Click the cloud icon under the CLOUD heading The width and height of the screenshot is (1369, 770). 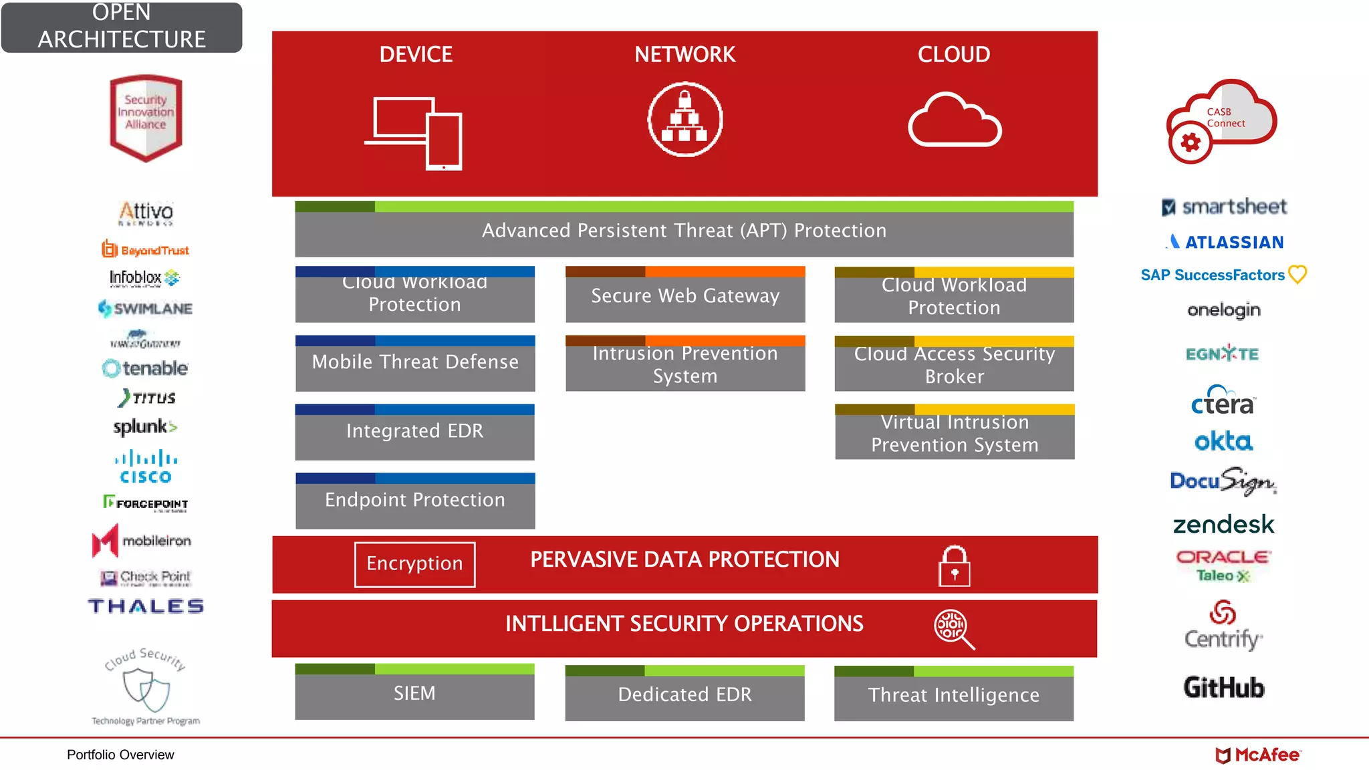[x=954, y=120]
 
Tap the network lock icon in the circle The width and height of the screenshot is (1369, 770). [x=685, y=120]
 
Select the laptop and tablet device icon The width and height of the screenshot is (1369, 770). [x=414, y=132]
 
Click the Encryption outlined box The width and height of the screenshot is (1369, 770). [x=414, y=564]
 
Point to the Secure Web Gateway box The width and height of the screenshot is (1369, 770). [x=685, y=295]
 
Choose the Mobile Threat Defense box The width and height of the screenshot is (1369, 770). [x=415, y=363]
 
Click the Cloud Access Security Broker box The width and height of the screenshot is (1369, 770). [x=954, y=364]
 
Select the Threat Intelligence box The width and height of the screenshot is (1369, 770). [x=954, y=694]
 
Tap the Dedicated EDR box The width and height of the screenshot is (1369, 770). [x=684, y=694]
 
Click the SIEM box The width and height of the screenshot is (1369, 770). [x=414, y=692]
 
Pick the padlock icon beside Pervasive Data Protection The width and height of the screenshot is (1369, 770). [x=954, y=566]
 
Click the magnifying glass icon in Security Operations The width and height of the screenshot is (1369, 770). [x=953, y=628]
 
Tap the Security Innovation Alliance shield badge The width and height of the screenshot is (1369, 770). [x=146, y=118]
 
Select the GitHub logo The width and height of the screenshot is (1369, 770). [x=1223, y=687]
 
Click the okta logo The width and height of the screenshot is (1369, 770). [x=1223, y=441]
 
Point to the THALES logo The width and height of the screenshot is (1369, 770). [x=146, y=606]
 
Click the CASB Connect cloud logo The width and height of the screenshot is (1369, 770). [x=1222, y=121]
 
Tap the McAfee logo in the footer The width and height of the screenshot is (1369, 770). [x=1257, y=755]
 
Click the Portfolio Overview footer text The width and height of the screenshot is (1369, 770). [x=120, y=755]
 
